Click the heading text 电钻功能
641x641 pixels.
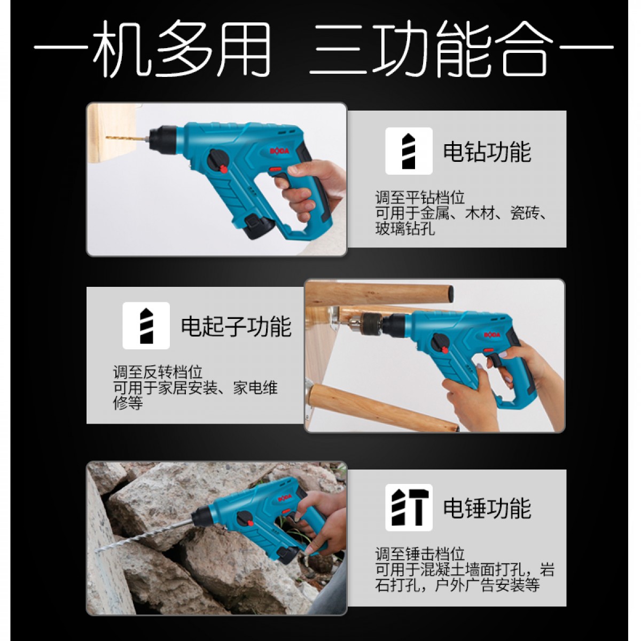click(487, 152)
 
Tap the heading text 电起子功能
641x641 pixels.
click(236, 326)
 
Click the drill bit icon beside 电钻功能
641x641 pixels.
click(409, 151)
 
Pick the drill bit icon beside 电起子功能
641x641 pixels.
click(146, 326)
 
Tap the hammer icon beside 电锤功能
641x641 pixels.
click(409, 507)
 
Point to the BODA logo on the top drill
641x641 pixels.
click(279, 151)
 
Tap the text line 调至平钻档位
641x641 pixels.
click(420, 198)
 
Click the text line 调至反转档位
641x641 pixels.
click(158, 372)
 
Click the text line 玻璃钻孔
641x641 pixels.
click(405, 229)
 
